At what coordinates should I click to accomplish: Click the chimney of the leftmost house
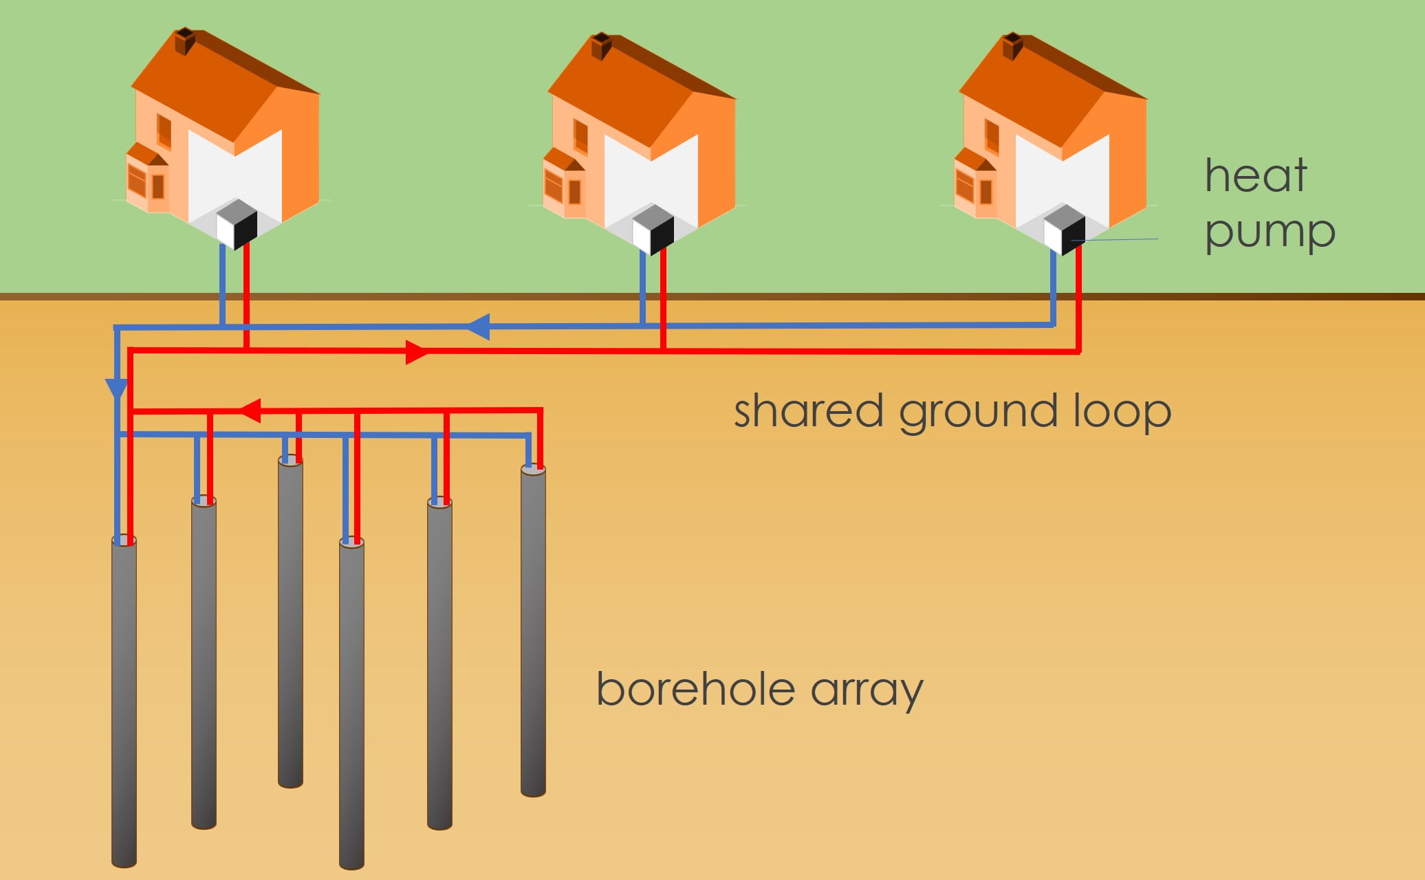[184, 41]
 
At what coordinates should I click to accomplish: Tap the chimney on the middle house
[601, 45]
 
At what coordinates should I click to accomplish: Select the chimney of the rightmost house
[1012, 46]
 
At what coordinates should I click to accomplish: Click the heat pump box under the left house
[237, 223]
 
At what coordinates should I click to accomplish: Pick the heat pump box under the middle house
[653, 229]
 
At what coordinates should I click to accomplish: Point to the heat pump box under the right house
[1064, 229]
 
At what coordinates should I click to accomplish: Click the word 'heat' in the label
[1256, 175]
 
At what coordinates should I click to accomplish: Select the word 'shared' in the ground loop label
[808, 411]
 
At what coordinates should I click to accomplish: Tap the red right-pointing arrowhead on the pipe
[416, 352]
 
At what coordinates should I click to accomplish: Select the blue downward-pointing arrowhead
[117, 388]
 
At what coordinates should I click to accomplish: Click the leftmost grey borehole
[124, 701]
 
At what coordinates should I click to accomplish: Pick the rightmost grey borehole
[533, 632]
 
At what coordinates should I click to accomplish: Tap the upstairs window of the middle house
[580, 136]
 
